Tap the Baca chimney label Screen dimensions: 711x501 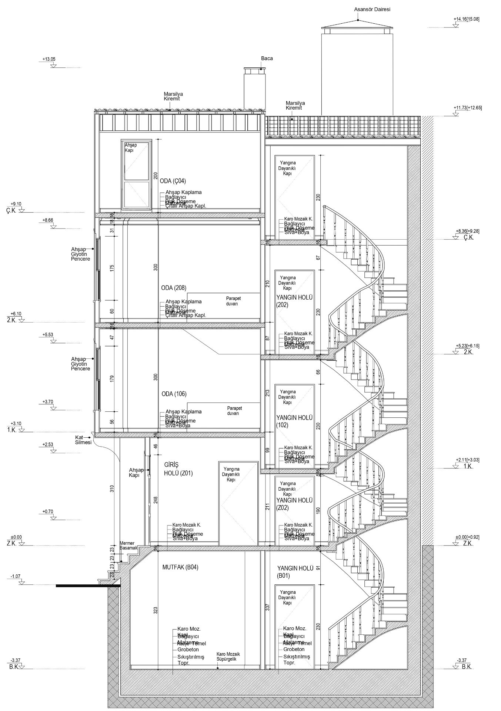[267, 59]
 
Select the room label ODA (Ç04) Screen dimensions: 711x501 [173, 181]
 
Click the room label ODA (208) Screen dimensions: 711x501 [174, 288]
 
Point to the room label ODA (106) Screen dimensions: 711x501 [174, 394]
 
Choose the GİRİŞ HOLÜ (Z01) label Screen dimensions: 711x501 [178, 469]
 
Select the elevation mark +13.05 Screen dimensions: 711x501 [49, 59]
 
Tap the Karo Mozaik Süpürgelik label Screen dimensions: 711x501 [226, 657]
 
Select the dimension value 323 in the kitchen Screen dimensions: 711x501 [156, 610]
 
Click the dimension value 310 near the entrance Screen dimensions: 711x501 [112, 489]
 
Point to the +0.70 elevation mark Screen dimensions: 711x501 [48, 512]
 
